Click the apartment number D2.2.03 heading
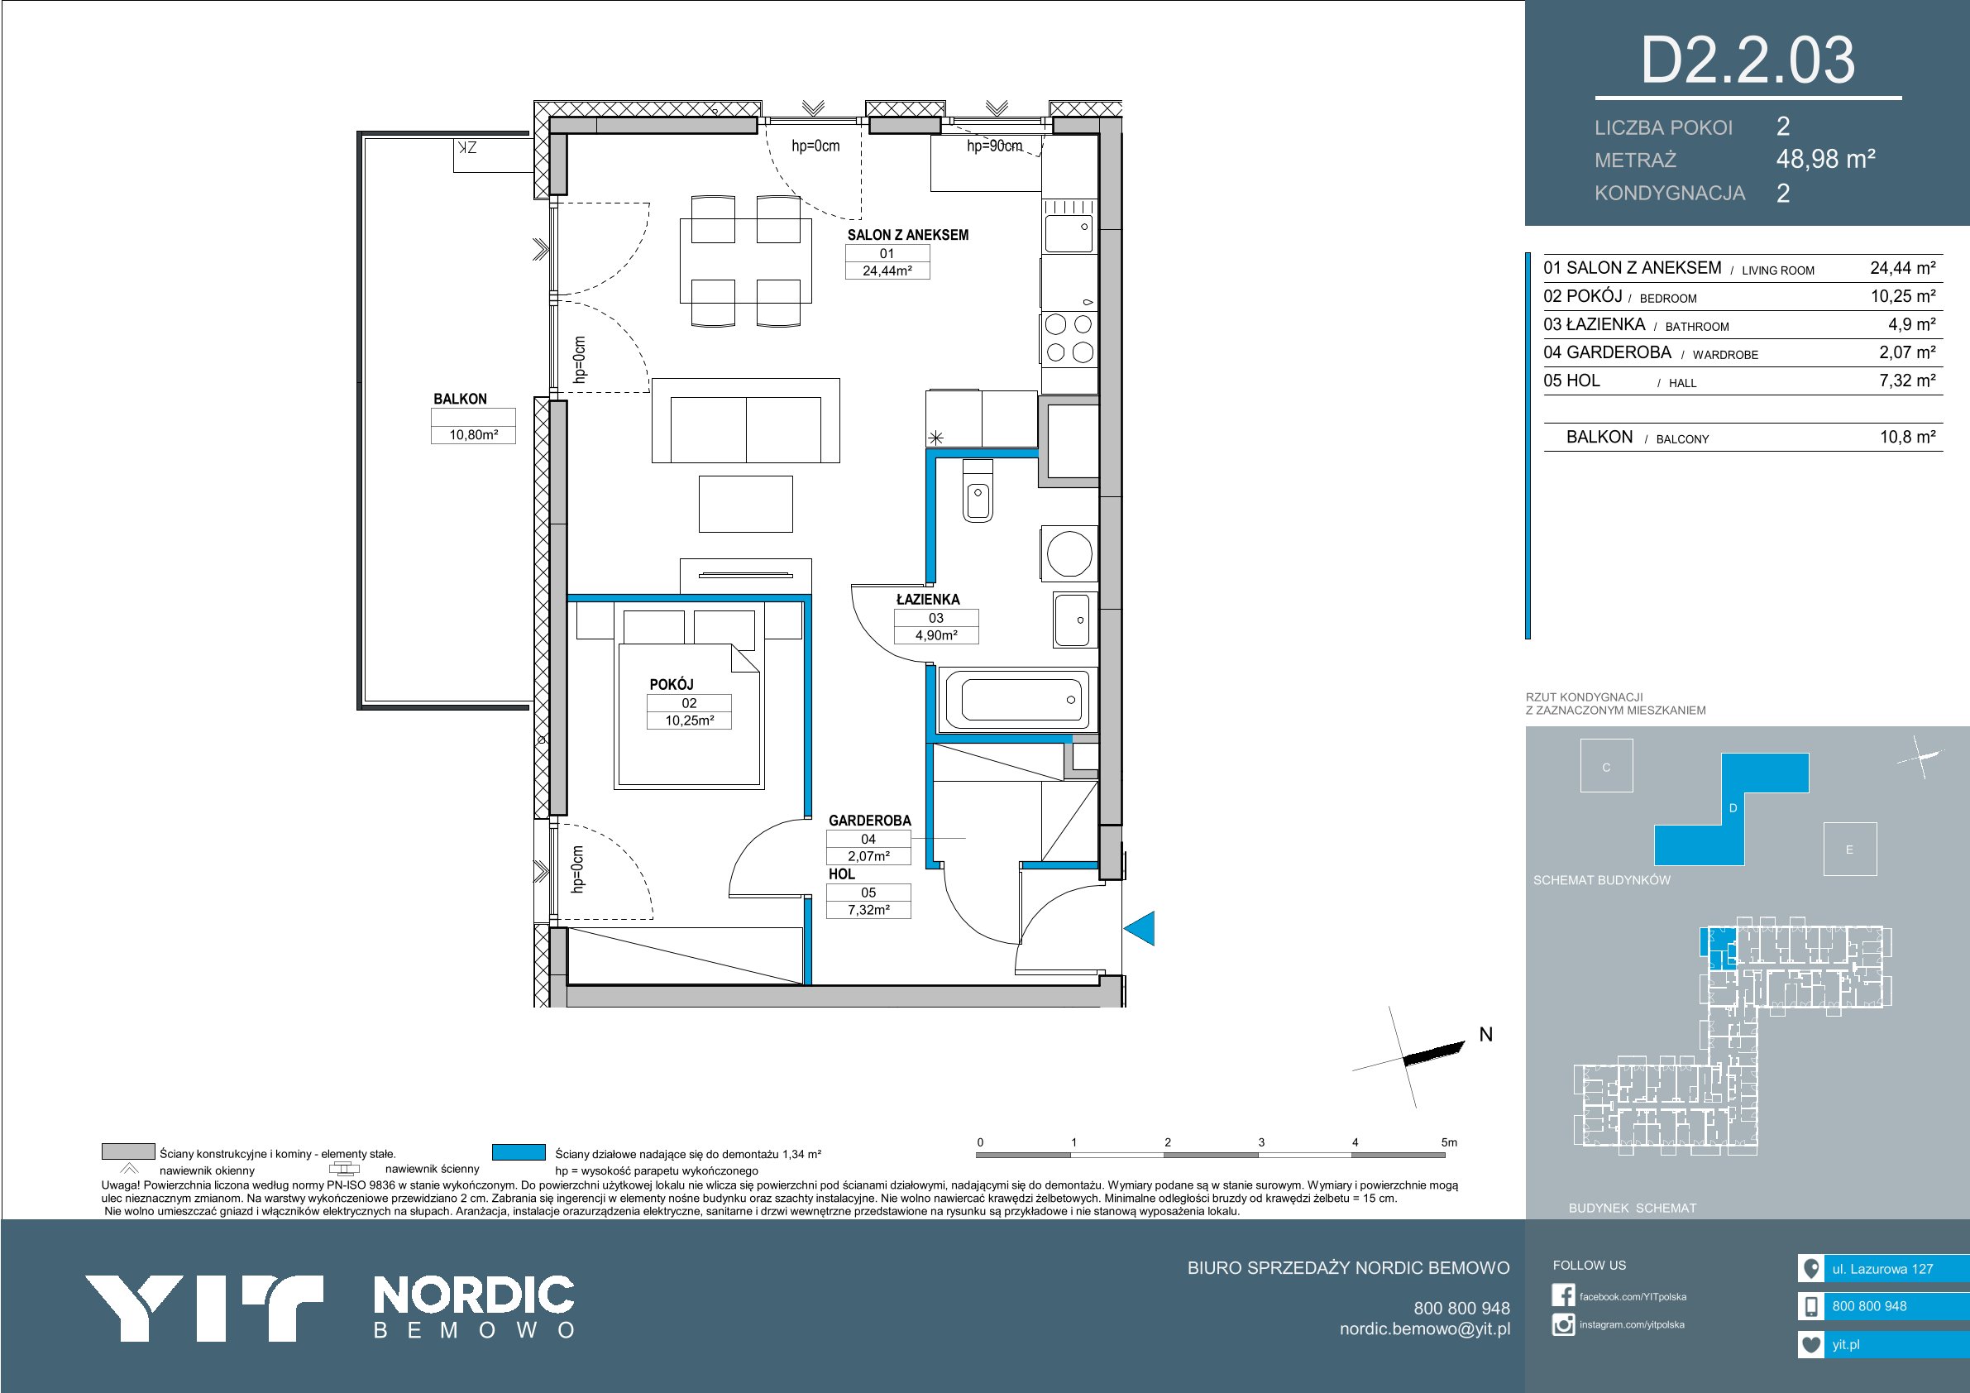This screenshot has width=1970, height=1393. [1748, 60]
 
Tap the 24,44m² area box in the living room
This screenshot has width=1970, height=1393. [887, 270]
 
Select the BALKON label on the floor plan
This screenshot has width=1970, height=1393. [460, 399]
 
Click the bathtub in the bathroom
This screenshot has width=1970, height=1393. [1017, 699]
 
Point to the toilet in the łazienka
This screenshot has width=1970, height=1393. [978, 490]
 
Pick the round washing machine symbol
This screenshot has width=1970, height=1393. [1069, 553]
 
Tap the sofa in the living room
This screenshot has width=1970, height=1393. [745, 420]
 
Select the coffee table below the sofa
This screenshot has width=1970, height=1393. [745, 505]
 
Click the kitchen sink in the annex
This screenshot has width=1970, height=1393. [1069, 226]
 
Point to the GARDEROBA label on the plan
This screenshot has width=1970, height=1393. [869, 821]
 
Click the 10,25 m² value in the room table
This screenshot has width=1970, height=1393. [1903, 296]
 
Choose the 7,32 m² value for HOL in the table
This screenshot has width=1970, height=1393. [1907, 381]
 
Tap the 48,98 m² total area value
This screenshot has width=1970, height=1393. [1826, 159]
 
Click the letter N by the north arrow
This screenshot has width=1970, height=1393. [1486, 1034]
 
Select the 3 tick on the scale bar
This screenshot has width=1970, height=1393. [1261, 1142]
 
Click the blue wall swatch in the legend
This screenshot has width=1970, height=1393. [519, 1151]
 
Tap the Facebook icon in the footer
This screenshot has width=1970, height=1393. [1563, 1295]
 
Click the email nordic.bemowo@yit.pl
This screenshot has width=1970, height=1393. [1425, 1328]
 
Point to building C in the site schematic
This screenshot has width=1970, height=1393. [1606, 767]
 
